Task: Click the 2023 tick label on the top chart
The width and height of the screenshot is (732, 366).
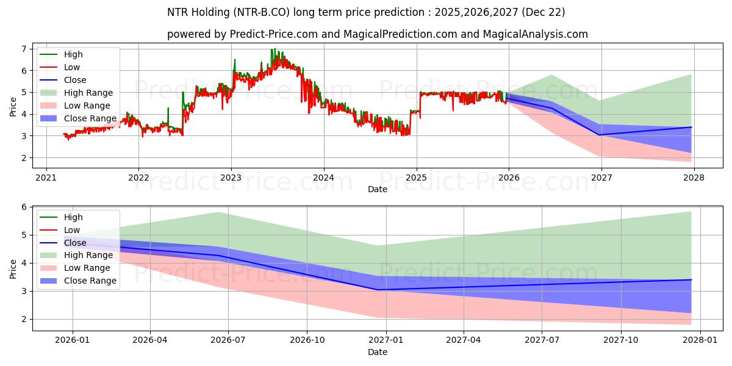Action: (x=231, y=178)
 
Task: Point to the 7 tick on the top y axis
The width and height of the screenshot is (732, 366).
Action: (x=24, y=49)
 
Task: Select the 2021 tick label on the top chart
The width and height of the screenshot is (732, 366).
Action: (x=46, y=178)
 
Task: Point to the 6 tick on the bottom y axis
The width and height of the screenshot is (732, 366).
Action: (x=24, y=207)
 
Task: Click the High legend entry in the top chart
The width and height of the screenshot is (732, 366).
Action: (x=73, y=54)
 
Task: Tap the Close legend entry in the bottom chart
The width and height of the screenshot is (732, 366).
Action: (x=75, y=243)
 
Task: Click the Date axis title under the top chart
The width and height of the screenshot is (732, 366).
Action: (x=378, y=189)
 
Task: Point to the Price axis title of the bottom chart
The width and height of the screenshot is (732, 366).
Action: (x=13, y=268)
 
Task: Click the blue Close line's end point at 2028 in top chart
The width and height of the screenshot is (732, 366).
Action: (x=691, y=127)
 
